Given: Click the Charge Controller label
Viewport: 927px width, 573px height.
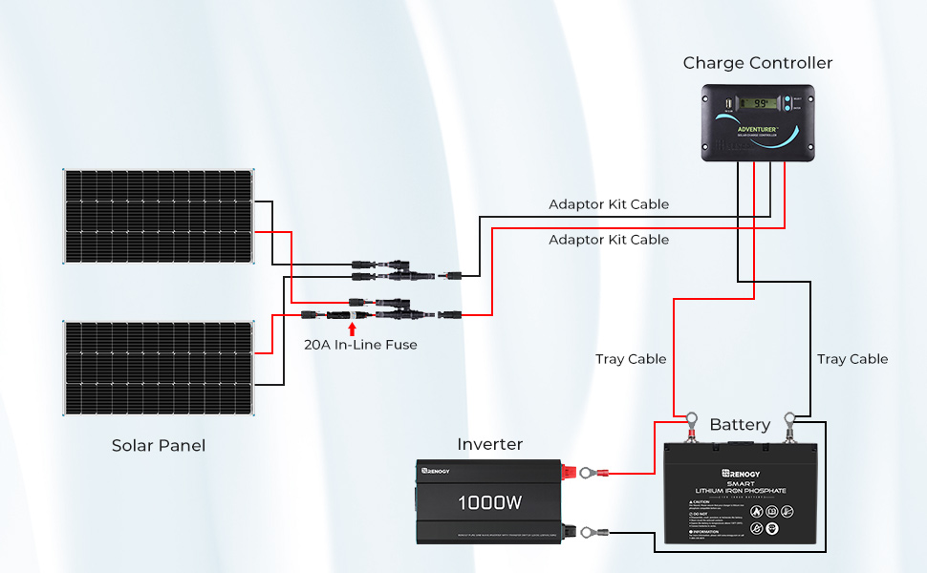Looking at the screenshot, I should pyautogui.click(x=758, y=63).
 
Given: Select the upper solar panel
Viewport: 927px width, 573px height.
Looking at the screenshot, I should pyautogui.click(x=160, y=217).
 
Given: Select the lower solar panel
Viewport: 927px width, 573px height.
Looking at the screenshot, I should pyautogui.click(x=160, y=369).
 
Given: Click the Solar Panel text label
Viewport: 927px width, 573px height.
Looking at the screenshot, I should pyautogui.click(x=159, y=445).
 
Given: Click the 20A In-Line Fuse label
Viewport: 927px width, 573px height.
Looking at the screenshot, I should pyautogui.click(x=360, y=345).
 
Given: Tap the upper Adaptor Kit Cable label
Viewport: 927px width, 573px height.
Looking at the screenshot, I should pyautogui.click(x=609, y=204).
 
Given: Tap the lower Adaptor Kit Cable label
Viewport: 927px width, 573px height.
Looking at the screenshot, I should pyautogui.click(x=609, y=240).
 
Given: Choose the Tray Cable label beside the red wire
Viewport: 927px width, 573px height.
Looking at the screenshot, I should pyautogui.click(x=631, y=359).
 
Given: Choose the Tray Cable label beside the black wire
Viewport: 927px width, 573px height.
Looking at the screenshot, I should pyautogui.click(x=852, y=359).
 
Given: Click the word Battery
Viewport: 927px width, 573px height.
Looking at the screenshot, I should pyautogui.click(x=740, y=425).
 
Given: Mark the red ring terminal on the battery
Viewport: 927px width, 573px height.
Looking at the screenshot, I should pyautogui.click(x=687, y=419).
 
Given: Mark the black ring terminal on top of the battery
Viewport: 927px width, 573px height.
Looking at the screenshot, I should pyautogui.click(x=789, y=419).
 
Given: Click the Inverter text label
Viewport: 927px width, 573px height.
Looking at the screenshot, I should pyautogui.click(x=490, y=444).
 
